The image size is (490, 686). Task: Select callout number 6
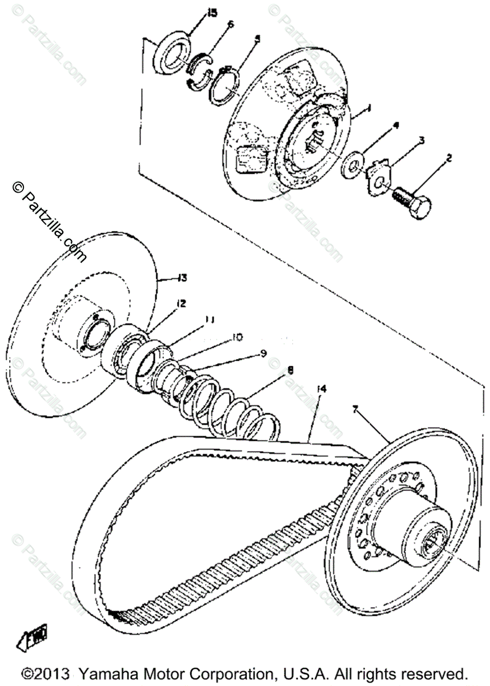click(231, 24)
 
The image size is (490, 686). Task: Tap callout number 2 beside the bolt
click(448, 158)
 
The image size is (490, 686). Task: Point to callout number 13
click(182, 278)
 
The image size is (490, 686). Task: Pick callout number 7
click(355, 409)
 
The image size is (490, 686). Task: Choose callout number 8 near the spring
click(290, 370)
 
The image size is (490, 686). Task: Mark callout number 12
click(181, 304)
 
